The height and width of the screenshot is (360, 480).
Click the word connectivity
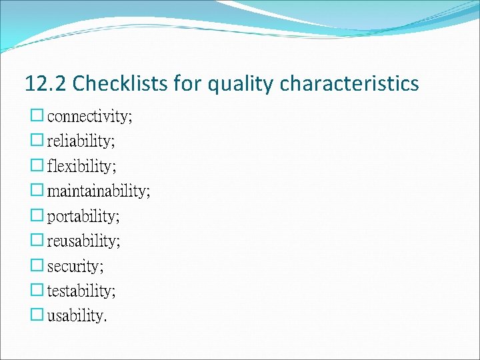pyautogui.click(x=89, y=117)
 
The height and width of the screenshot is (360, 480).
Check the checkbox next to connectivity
pyautogui.click(x=37, y=116)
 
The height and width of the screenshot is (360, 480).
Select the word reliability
pyautogui.click(x=81, y=141)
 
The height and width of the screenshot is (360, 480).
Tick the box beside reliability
pyautogui.click(x=37, y=141)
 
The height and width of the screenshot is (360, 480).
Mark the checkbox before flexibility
pyautogui.click(x=37, y=165)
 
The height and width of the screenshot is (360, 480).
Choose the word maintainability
pyautogui.click(x=98, y=191)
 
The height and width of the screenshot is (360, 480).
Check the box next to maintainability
pyautogui.click(x=37, y=191)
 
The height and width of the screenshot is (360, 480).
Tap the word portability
pyautogui.click(x=83, y=216)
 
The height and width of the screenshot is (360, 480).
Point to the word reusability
pyautogui.click(x=83, y=241)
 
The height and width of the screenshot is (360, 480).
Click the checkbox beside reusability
pyautogui.click(x=37, y=240)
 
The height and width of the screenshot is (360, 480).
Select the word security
pyautogui.click(x=75, y=266)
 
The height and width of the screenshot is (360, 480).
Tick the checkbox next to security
pyautogui.click(x=37, y=265)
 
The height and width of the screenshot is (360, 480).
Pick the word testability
pyautogui.click(x=81, y=291)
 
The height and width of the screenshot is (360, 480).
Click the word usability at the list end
pyautogui.click(x=75, y=315)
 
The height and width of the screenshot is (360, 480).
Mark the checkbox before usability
pyautogui.click(x=37, y=315)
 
